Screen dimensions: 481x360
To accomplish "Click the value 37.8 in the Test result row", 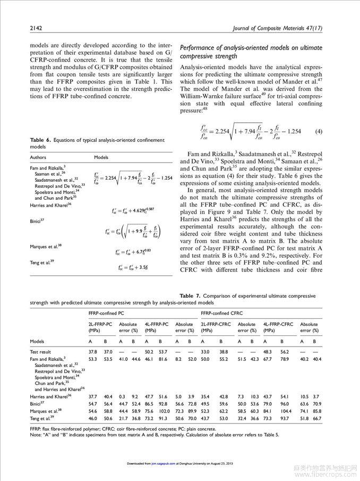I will coord(92,352).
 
